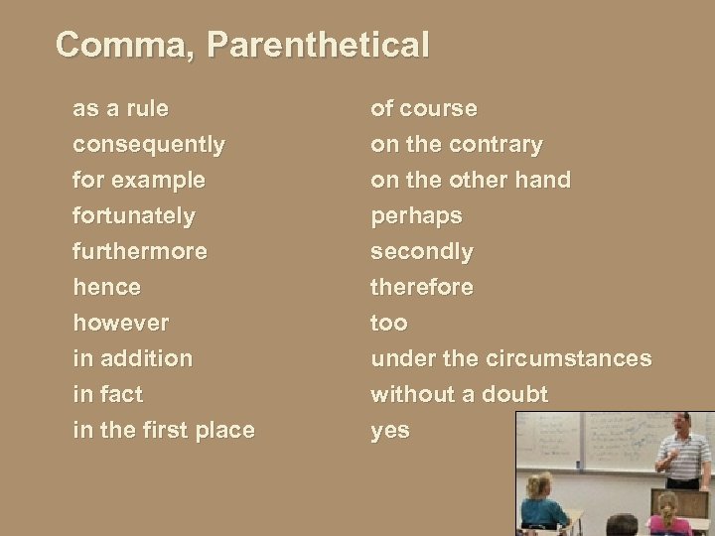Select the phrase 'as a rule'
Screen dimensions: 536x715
tap(120, 107)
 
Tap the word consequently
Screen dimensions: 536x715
tap(149, 144)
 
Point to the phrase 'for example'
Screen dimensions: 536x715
tap(139, 181)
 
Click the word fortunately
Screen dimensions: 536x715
tap(134, 215)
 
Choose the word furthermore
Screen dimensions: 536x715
tap(140, 251)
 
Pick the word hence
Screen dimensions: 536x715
tap(106, 287)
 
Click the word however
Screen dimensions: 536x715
tap(121, 323)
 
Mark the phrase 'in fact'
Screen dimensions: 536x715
tap(107, 394)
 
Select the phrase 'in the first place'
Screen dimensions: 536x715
tap(164, 430)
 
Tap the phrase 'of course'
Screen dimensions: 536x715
tap(424, 107)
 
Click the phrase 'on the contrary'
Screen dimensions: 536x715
tap(457, 144)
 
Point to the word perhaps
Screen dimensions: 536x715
tap(416, 215)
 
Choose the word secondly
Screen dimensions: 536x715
tap(422, 251)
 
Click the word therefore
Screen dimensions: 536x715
tap(422, 287)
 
